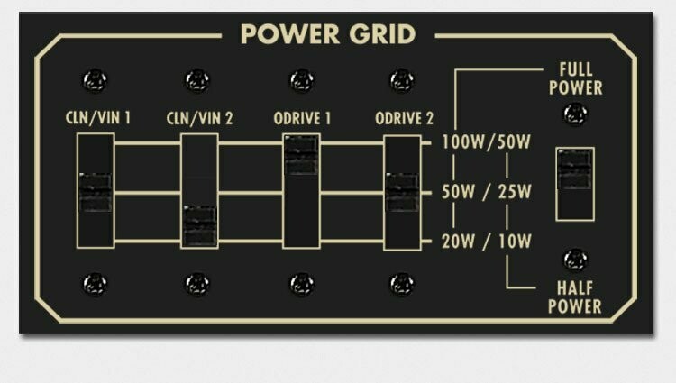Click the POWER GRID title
point(328,34)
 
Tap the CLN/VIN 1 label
point(98,118)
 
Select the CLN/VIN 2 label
point(199,118)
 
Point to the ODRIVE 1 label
point(302,118)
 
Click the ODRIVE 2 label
point(404,118)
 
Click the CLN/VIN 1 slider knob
point(96,192)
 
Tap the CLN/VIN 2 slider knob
point(199,226)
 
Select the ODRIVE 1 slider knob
point(301,155)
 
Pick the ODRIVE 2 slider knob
point(402,192)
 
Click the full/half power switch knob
point(575,169)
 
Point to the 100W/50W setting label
point(486,142)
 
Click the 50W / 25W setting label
point(486,192)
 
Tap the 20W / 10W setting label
point(486,242)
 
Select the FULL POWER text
point(576,78)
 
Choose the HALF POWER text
point(575,297)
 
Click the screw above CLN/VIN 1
point(95,80)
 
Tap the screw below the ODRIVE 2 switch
point(402,284)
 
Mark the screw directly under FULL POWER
point(576,114)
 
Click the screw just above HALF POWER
point(576,260)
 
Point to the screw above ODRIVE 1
point(302,80)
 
